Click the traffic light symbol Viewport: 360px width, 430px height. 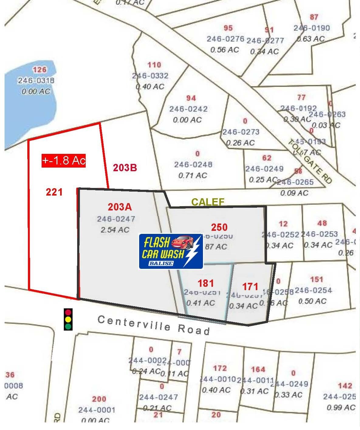(68, 319)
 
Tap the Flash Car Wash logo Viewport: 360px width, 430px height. (171, 251)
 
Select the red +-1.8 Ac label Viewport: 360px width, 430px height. (63, 160)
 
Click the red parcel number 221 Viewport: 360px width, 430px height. (54, 192)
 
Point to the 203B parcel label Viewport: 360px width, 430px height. (125, 168)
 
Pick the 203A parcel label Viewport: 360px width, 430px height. (120, 207)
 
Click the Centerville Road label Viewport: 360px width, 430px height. (154, 325)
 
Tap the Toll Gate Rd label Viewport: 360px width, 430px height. (310, 161)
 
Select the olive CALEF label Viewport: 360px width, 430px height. (208, 202)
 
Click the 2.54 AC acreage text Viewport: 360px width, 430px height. (115, 230)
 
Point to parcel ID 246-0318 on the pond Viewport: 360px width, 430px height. (36, 81)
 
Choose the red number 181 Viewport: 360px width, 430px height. (206, 283)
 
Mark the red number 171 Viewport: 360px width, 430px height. (250, 286)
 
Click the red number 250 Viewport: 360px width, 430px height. (219, 227)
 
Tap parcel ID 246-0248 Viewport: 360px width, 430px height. (193, 165)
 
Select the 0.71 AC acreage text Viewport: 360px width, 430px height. (193, 175)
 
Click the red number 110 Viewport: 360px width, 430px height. (154, 65)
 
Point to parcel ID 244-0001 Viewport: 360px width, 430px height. (97, 410)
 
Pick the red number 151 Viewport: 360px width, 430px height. (316, 279)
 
